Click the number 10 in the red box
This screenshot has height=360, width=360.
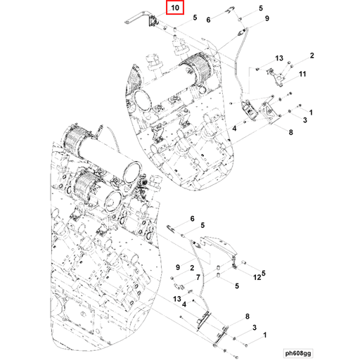175,8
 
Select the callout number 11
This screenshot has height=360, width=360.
302,74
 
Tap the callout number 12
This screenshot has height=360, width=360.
257,276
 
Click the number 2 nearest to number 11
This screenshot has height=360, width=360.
310,55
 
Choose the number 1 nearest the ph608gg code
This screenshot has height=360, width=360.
265,336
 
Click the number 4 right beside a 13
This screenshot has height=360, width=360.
184,304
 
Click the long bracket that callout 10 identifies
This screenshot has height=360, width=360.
139,19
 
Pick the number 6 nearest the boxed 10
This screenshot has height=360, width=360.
208,20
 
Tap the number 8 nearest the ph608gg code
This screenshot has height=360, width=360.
247,318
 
